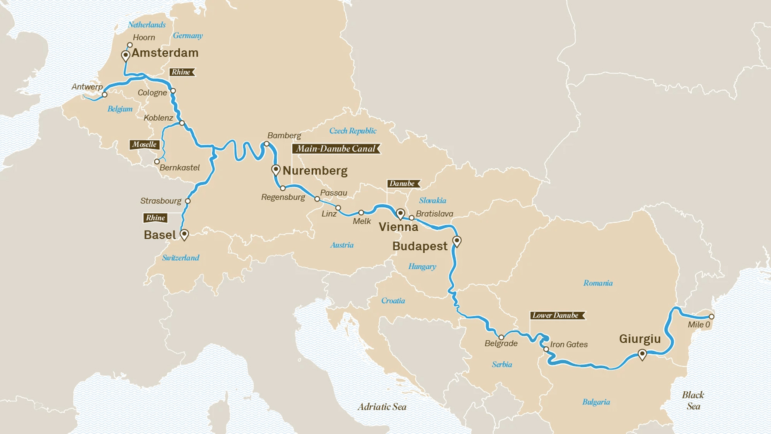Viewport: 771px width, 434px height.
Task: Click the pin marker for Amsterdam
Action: (x=126, y=56)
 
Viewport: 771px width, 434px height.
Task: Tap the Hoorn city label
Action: (x=144, y=38)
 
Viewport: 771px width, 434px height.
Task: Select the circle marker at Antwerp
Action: (x=104, y=94)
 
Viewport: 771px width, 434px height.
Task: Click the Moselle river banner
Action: (x=144, y=145)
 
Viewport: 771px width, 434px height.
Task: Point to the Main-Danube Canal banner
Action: (x=336, y=149)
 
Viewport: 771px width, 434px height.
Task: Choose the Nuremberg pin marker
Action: (x=276, y=170)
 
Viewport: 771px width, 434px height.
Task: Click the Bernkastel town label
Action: (x=179, y=167)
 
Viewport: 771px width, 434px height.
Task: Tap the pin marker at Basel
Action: (x=184, y=234)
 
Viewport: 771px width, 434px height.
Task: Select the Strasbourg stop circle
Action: (x=188, y=201)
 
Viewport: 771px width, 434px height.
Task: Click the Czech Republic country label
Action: (x=353, y=131)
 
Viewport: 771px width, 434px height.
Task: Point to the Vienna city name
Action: (x=398, y=227)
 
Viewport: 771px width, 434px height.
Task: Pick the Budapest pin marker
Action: (x=457, y=241)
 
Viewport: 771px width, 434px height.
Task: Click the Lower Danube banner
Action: (x=556, y=316)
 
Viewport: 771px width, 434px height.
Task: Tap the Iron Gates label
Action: (x=569, y=344)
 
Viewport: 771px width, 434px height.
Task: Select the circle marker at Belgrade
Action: (x=501, y=337)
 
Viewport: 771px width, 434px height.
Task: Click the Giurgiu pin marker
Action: (x=642, y=354)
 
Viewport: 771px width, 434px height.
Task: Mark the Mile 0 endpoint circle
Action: (x=711, y=316)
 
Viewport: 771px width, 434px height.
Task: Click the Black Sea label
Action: (x=693, y=400)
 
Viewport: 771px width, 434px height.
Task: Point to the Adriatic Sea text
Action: (x=382, y=407)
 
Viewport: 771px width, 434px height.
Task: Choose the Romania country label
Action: (x=598, y=283)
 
